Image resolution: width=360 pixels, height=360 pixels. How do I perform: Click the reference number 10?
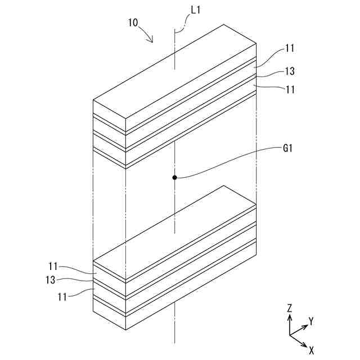pos(134,23)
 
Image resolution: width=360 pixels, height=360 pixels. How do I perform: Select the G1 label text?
pos(289,149)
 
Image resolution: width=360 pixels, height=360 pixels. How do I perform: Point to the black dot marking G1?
pos(175,178)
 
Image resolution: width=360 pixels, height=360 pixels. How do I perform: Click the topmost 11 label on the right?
pos(290,49)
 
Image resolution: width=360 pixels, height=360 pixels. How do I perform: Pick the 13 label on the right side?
pos(290,71)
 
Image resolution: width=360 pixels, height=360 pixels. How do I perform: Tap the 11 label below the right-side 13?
pos(290,89)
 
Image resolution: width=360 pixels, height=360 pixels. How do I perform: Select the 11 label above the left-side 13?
pos(54,267)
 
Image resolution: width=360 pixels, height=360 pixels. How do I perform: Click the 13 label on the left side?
pos(54,280)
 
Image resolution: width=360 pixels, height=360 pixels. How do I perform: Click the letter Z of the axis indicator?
pos(289,308)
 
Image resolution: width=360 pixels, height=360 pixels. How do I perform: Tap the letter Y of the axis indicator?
pos(310,321)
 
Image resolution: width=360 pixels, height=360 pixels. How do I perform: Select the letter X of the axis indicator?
pos(311,349)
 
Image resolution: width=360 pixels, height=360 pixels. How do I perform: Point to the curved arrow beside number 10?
pos(147,35)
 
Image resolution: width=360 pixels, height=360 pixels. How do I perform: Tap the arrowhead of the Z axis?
pos(289,317)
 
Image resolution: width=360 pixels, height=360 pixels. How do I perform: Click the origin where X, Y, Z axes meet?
pos(289,335)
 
